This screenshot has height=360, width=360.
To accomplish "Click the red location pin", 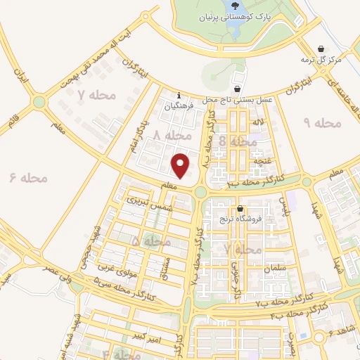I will [181, 165].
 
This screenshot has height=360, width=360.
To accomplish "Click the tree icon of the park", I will [233, 6].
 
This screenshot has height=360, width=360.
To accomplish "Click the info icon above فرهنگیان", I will [179, 95].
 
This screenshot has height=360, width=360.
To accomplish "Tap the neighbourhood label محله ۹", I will [321, 123].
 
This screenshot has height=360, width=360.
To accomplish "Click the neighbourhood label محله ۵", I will [150, 241].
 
